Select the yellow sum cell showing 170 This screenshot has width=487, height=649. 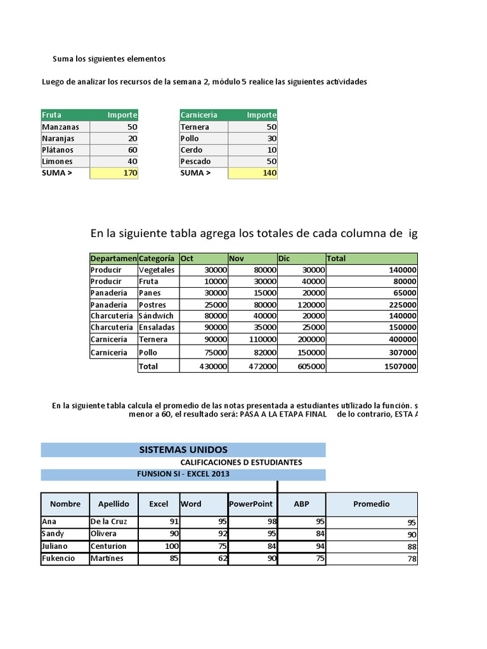tap(114, 173)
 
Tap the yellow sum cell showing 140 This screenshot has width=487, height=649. tap(252, 173)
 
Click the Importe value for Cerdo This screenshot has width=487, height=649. tap(252, 150)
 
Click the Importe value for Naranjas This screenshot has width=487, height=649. tap(114, 138)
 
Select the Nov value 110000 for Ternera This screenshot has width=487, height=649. tap(252, 339)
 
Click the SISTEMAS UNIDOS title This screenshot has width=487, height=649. tap(183, 450)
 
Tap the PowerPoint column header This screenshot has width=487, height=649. tap(252, 504)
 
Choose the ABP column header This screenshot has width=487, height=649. tap(301, 504)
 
